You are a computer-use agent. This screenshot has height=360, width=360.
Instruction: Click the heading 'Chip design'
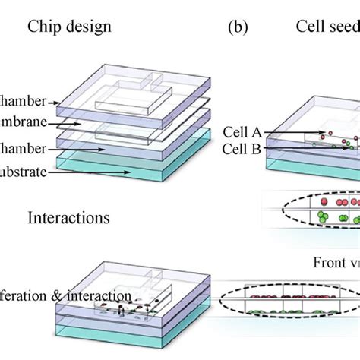[x=69, y=27]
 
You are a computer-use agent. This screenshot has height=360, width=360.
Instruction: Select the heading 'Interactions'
[x=70, y=218]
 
